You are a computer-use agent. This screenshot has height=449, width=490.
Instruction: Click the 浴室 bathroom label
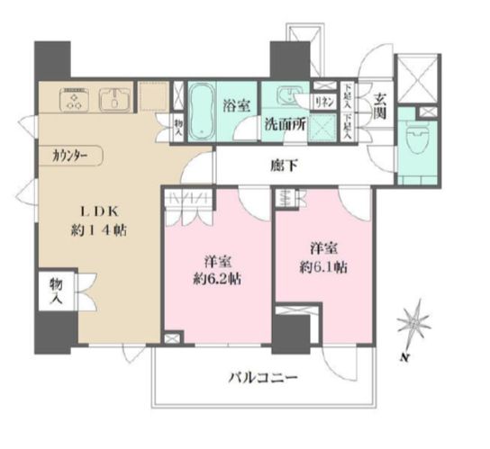click(237, 104)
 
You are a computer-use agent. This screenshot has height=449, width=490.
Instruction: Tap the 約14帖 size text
click(100, 231)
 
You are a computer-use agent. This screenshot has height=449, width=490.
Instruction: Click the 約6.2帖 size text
click(218, 278)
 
